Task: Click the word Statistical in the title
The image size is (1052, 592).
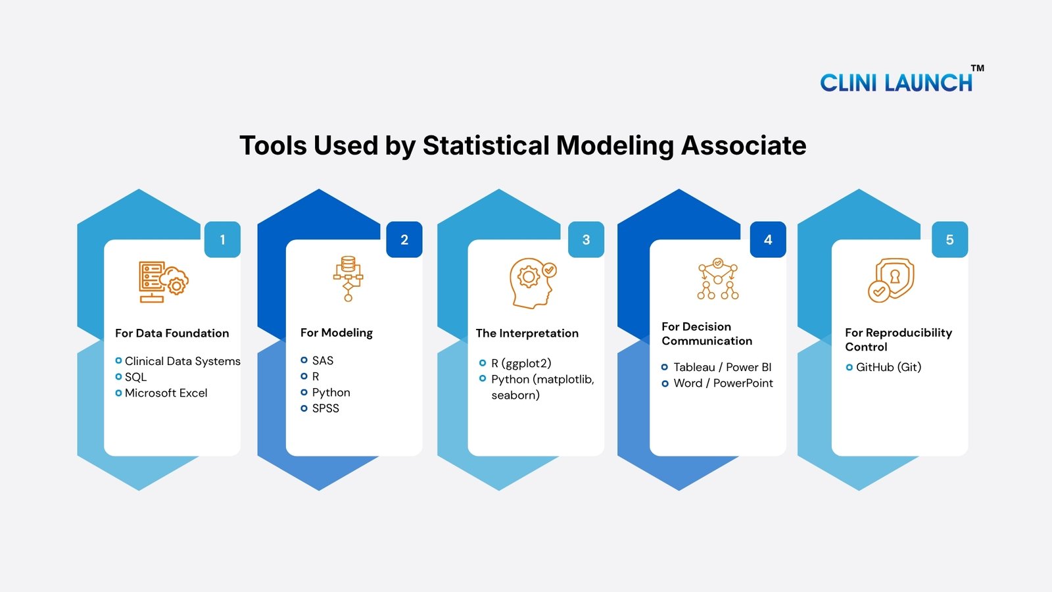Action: click(x=486, y=145)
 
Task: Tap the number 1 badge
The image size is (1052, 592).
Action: click(x=223, y=239)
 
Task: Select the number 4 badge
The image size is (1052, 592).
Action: click(x=768, y=239)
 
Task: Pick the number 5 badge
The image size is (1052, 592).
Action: click(x=949, y=239)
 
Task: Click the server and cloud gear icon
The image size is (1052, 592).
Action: click(x=164, y=282)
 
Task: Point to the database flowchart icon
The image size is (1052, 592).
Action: click(x=348, y=279)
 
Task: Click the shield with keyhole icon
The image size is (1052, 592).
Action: click(x=890, y=280)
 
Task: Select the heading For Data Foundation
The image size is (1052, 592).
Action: click(x=172, y=333)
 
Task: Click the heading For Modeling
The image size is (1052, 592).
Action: click(x=336, y=333)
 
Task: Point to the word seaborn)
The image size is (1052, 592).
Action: click(x=515, y=395)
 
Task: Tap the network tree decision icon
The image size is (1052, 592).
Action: click(x=717, y=279)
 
